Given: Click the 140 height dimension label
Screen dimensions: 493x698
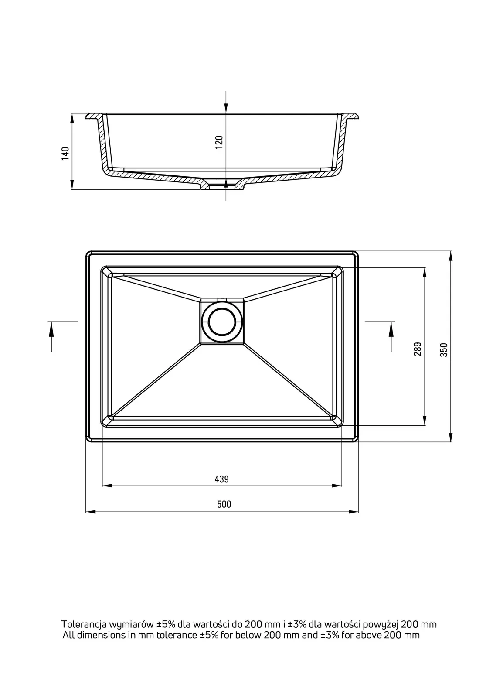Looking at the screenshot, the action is [65, 153].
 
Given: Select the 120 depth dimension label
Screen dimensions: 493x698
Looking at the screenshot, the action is [219, 142].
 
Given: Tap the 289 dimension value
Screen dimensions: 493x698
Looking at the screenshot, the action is [418, 349].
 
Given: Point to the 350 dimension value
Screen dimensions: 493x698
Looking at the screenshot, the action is [445, 349].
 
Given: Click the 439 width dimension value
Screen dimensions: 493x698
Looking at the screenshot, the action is [222, 479].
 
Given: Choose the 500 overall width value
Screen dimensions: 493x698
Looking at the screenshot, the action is [224, 504].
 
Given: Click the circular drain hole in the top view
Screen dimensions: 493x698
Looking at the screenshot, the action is [222, 322].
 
